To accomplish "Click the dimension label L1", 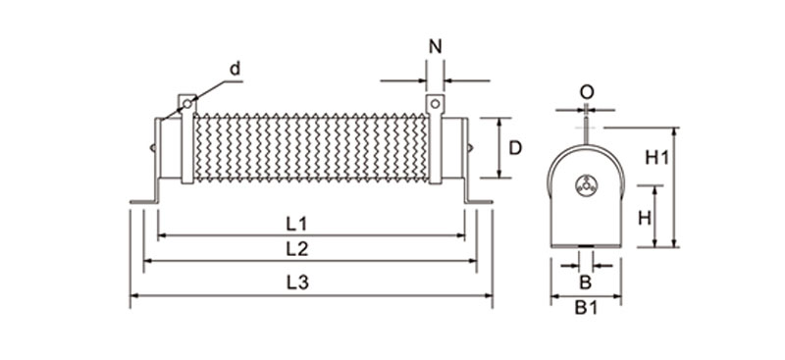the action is (296, 224).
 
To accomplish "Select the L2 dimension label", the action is (297, 249).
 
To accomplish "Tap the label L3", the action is (298, 283).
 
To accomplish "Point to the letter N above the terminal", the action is (436, 46).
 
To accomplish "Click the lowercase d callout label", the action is (235, 68).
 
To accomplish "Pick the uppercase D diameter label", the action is (515, 148).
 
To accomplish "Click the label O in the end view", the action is (587, 92).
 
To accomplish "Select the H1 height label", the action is (656, 158).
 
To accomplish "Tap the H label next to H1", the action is (645, 218).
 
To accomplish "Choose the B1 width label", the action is (586, 308).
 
